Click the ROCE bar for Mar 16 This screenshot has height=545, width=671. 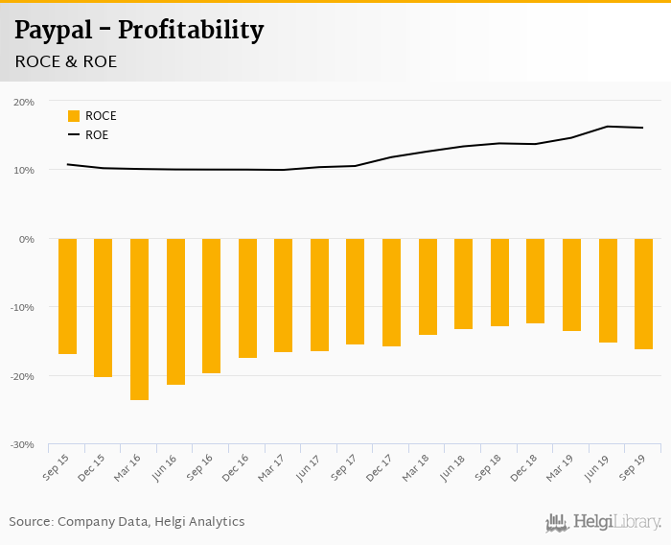click(x=139, y=319)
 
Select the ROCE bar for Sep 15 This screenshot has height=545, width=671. click(x=67, y=296)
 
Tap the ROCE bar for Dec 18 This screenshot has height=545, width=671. click(x=535, y=281)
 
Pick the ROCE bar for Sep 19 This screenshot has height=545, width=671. click(x=643, y=294)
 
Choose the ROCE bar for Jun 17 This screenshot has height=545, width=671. click(x=319, y=295)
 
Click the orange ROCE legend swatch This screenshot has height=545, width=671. click(x=74, y=116)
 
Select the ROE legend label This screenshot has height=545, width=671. click(x=97, y=135)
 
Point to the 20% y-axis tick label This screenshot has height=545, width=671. click(x=23, y=102)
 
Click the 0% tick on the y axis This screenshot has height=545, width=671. click(x=26, y=239)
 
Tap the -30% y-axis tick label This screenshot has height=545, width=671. click(x=21, y=445)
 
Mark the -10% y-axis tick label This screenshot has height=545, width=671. click(x=21, y=308)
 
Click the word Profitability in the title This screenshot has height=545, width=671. click(x=191, y=31)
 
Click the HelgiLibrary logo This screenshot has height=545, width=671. click(x=603, y=523)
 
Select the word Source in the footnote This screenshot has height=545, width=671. click(x=31, y=522)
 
